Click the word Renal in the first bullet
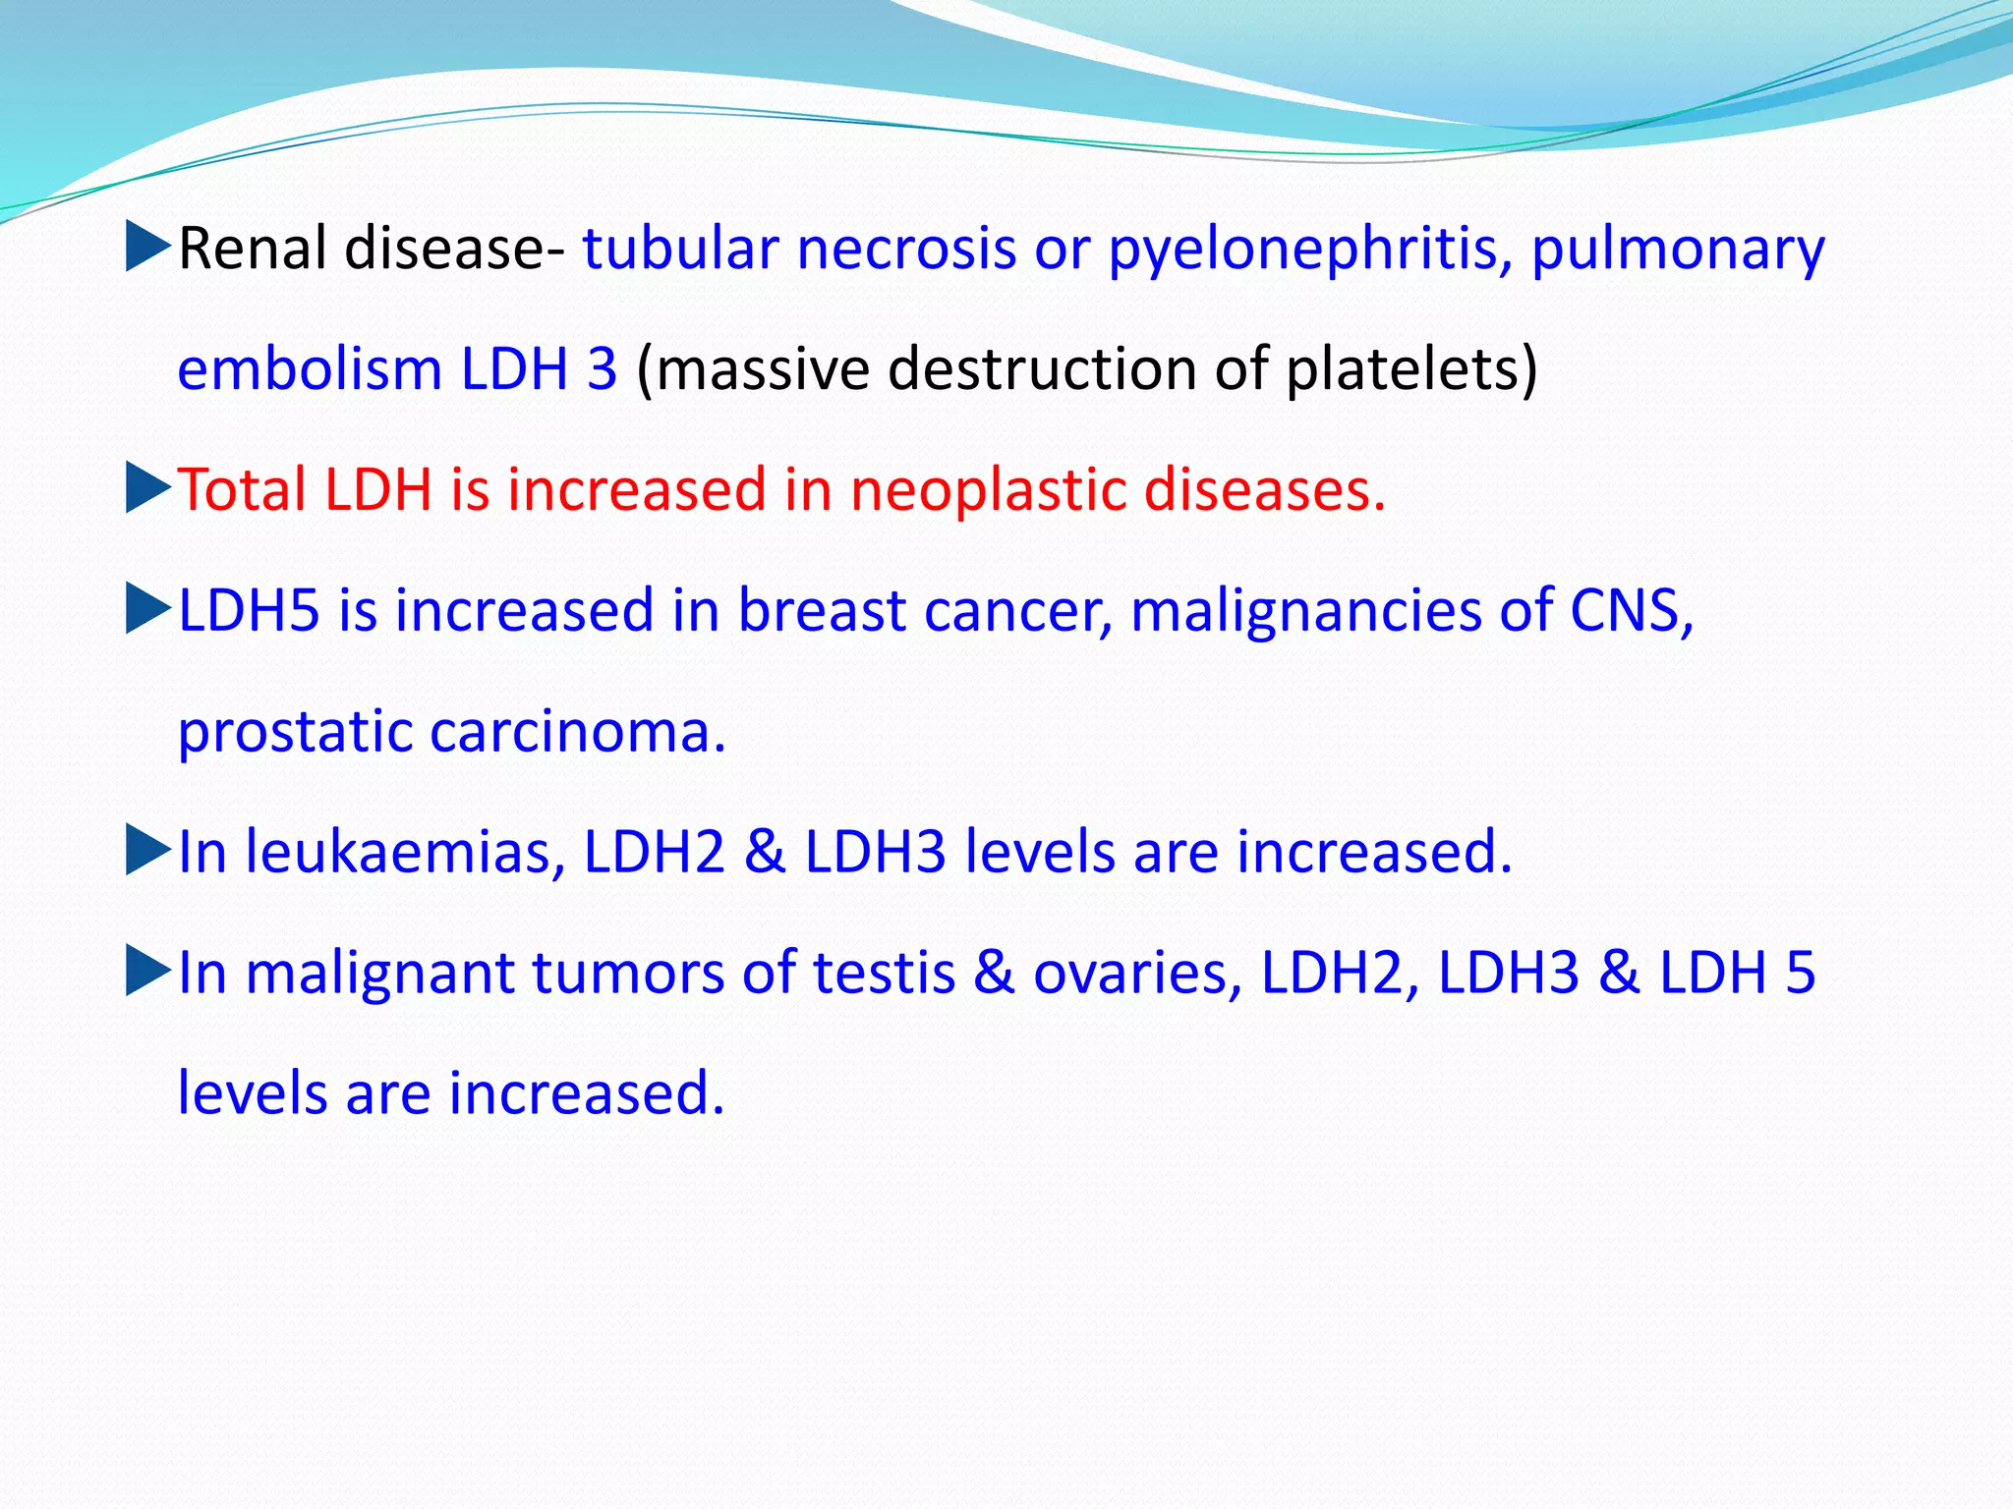tap(252, 249)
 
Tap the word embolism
tap(309, 369)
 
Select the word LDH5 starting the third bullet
tap(249, 610)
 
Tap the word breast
tap(821, 610)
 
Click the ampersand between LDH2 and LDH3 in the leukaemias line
tap(765, 852)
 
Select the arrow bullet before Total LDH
tap(148, 488)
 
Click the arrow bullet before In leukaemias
tap(148, 851)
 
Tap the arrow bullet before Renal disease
tap(148, 247)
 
